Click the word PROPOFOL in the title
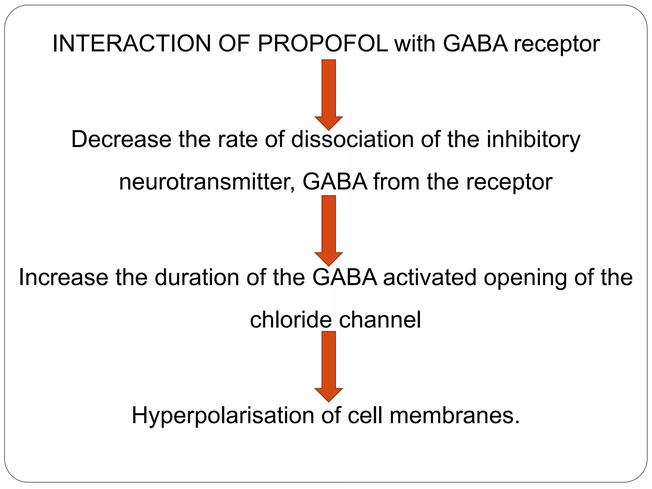[x=323, y=44]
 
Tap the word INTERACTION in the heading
[x=132, y=44]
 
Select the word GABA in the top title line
[x=475, y=44]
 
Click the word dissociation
[x=352, y=139]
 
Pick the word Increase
[x=63, y=277]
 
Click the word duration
[x=197, y=277]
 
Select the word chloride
[x=290, y=320]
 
